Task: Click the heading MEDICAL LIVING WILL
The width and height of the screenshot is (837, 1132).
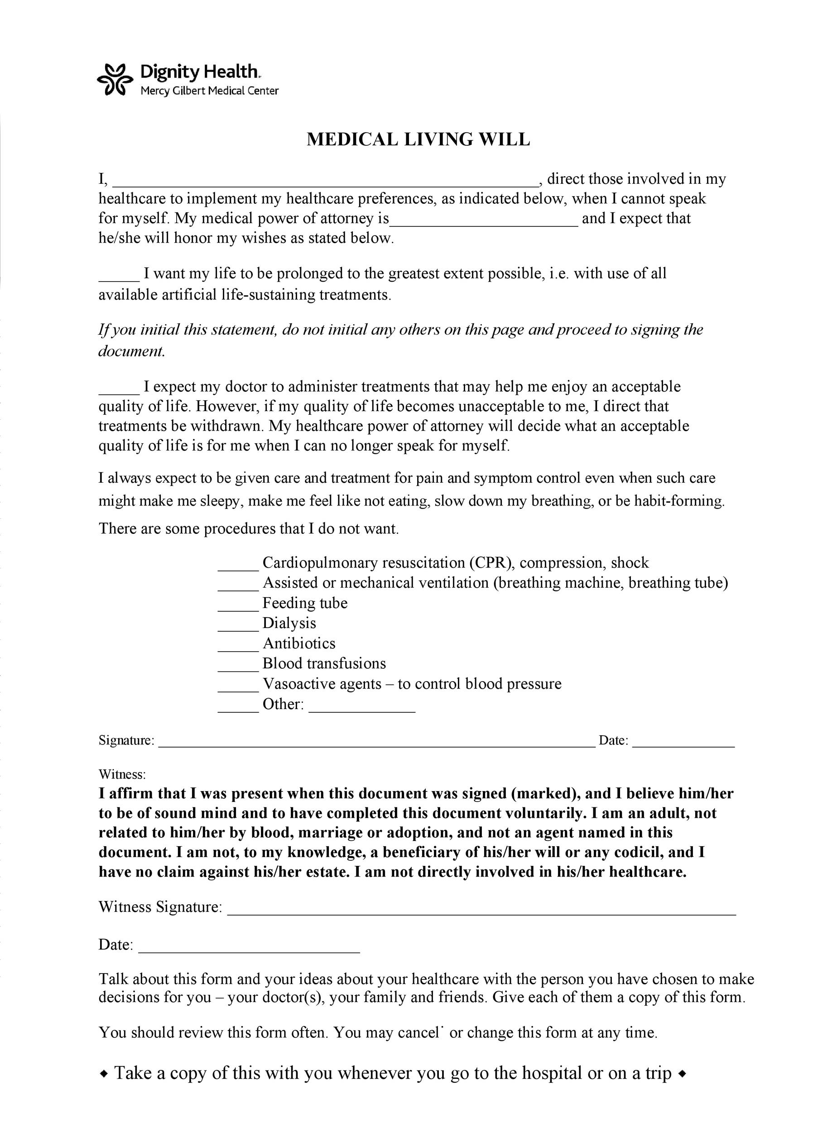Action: point(418,139)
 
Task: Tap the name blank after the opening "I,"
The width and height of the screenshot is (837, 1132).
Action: point(324,183)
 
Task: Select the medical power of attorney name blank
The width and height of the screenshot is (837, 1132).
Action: point(484,223)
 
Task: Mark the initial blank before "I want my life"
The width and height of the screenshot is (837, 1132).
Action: point(119,278)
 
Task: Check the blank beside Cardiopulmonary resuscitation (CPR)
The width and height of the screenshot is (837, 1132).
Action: point(238,567)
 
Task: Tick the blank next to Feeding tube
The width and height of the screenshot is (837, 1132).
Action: point(238,608)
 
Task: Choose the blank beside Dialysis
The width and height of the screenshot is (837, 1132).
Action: point(238,628)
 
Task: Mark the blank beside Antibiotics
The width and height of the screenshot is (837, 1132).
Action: point(238,648)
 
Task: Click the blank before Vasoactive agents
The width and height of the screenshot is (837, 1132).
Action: point(238,689)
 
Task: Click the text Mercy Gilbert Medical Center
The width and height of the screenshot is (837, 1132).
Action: point(209,91)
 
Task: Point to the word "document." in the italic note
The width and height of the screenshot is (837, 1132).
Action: point(132,351)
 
